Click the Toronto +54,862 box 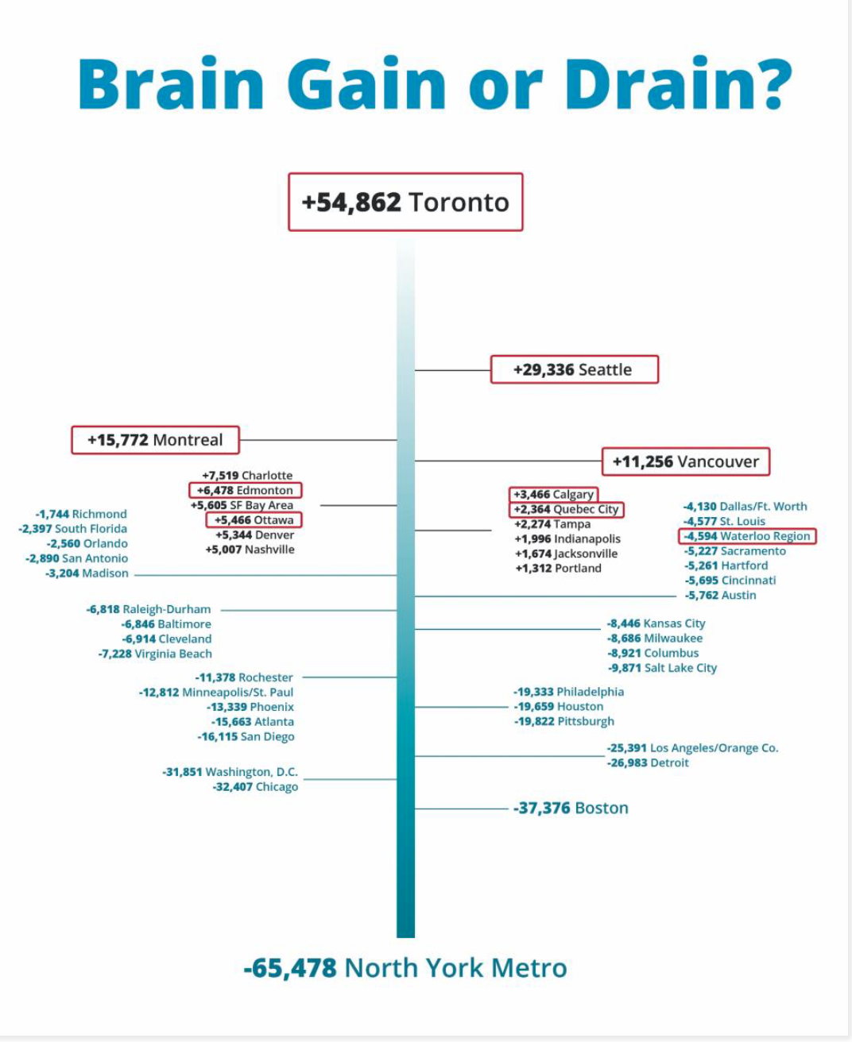coord(405,202)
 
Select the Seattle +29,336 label coord(574,369)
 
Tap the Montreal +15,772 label coord(155,440)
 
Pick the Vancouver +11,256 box coord(685,461)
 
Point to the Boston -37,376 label coord(571,809)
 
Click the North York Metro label coord(405,967)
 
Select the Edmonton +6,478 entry coord(246,490)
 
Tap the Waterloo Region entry coord(746,536)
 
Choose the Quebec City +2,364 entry coord(566,509)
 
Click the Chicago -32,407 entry coord(255,787)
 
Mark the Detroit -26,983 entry coord(648,763)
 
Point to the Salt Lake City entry coord(662,668)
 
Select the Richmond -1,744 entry coord(81,514)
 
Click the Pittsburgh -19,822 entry coord(563,721)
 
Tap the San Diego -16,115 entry coord(246,737)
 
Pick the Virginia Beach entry coord(155,654)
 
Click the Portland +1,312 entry coord(558,568)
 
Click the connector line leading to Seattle coord(452,370)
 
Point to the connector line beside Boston coord(461,809)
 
